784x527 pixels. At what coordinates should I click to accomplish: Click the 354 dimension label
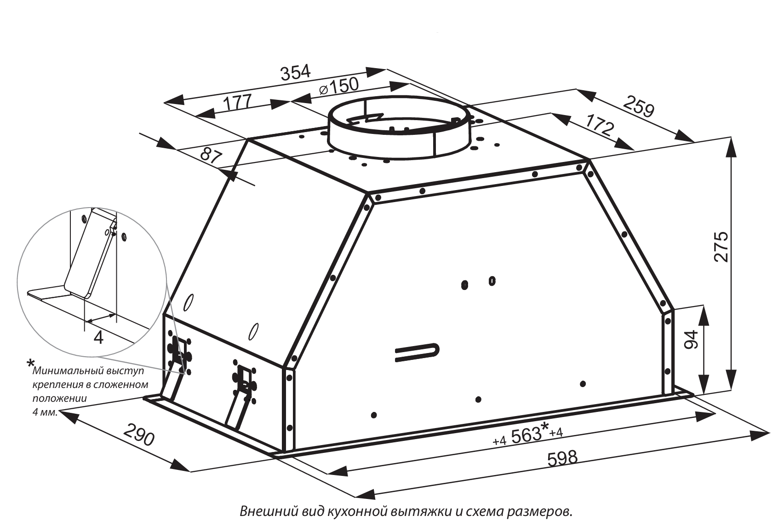(296, 72)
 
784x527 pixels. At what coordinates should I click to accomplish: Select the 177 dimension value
(238, 103)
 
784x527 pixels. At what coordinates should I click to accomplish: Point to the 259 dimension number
(639, 106)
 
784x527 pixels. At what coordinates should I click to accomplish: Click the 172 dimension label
(600, 124)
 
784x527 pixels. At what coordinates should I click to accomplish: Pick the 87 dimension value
(212, 156)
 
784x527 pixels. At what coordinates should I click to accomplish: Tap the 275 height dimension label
(721, 246)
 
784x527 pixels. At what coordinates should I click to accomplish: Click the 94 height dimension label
(691, 340)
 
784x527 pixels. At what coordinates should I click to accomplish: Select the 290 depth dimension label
(139, 434)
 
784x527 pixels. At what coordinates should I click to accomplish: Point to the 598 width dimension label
(562, 458)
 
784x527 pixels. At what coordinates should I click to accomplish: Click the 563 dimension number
(526, 435)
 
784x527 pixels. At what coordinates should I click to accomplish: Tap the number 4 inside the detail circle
(99, 338)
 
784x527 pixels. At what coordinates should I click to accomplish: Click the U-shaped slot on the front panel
(417, 352)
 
